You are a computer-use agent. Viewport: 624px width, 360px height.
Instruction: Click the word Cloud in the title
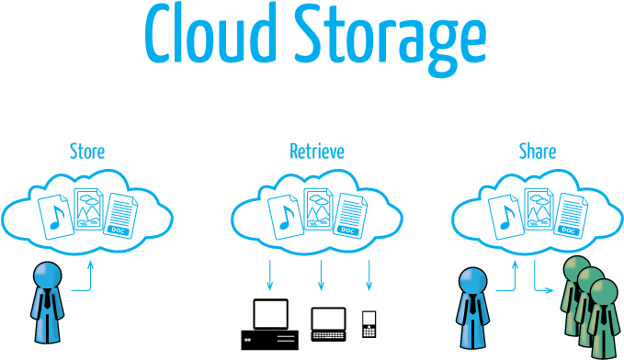210,35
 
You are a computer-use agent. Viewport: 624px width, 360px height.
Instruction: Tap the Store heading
87,151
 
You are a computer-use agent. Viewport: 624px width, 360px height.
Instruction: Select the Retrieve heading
316,151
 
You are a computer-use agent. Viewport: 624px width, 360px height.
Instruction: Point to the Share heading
537,151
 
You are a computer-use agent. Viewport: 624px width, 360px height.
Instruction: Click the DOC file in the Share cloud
571,218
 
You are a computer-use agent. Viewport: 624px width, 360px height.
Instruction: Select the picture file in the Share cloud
539,212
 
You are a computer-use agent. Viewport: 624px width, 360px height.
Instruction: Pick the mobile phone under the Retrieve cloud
369,322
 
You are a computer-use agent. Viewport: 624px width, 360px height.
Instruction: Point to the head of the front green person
604,292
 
